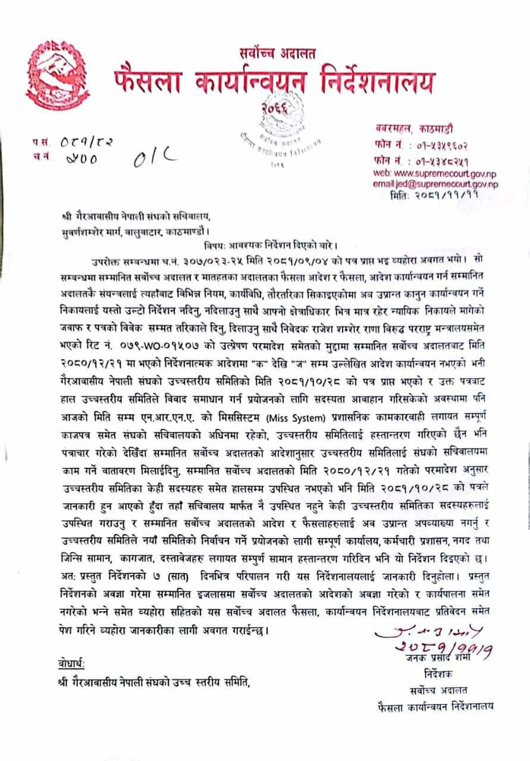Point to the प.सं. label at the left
[42, 143]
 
